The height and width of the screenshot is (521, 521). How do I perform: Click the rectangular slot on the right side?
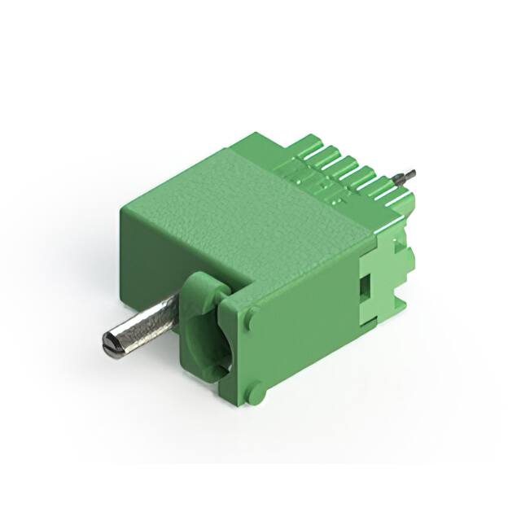[364, 286]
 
